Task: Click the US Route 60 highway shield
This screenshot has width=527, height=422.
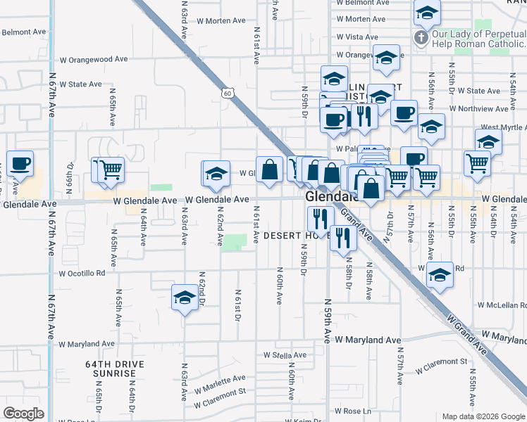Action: (x=226, y=92)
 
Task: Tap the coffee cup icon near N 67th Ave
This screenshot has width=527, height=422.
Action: (x=20, y=165)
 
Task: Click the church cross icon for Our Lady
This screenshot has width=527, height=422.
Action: (x=421, y=38)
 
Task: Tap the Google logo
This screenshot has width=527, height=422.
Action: (x=23, y=413)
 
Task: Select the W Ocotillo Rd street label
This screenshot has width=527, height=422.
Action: (x=82, y=273)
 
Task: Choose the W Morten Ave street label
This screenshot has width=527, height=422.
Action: (x=361, y=19)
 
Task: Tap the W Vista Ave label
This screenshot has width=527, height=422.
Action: (x=357, y=37)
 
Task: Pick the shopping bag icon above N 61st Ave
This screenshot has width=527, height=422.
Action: (x=269, y=170)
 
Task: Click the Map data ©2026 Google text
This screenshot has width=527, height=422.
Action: (x=482, y=416)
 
